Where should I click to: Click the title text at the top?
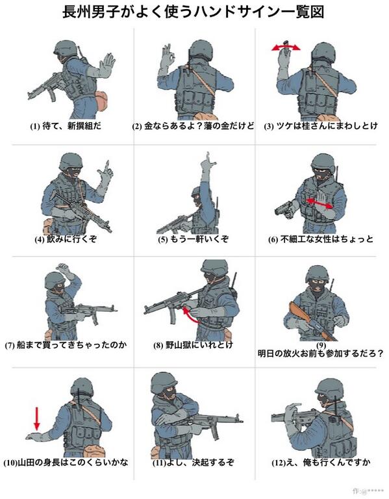pos(193,13)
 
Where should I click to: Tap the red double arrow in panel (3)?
pos(286,48)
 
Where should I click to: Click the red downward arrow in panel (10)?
pos(37,419)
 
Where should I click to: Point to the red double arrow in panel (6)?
pos(320,203)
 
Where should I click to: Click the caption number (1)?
pos(34,126)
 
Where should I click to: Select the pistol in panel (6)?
pos(284,210)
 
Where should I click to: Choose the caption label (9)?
pos(321,345)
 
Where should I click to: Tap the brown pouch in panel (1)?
pos(102,101)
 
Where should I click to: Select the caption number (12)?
pos(279,463)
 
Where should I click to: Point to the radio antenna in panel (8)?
pos(234,281)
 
